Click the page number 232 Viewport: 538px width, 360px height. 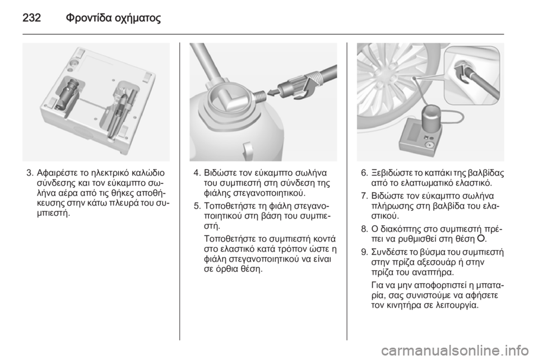pyautogui.click(x=31, y=17)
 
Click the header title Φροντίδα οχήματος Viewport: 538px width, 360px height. pyautogui.click(x=113, y=18)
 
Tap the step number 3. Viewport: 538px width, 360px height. pyautogui.click(x=29, y=173)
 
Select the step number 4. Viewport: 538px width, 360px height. pyautogui.click(x=196, y=173)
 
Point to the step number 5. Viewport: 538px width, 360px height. pyautogui.click(x=196, y=206)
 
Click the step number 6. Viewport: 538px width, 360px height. pyautogui.click(x=364, y=173)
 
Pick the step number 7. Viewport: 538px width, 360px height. pyautogui.click(x=364, y=196)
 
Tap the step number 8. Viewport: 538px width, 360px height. pyautogui.click(x=364, y=229)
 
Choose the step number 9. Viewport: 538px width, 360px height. pyautogui.click(x=364, y=252)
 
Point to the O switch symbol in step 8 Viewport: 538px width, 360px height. pyautogui.click(x=481, y=238)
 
